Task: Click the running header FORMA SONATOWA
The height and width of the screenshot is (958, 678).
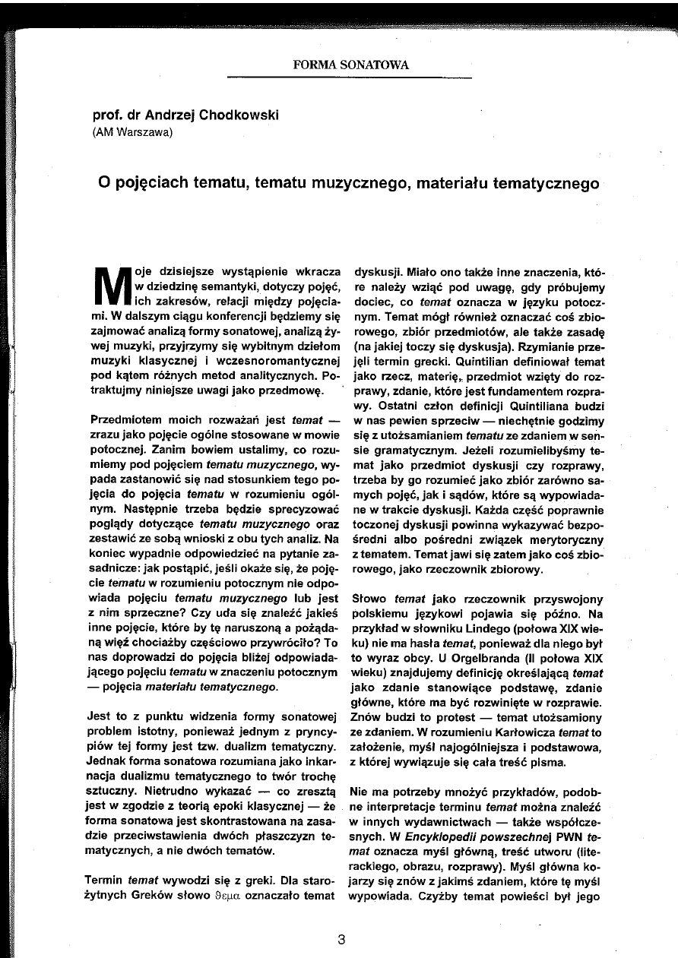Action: [x=350, y=65]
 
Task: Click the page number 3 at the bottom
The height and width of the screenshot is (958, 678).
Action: [x=341, y=938]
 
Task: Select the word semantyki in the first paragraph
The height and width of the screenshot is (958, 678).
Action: [x=229, y=285]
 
